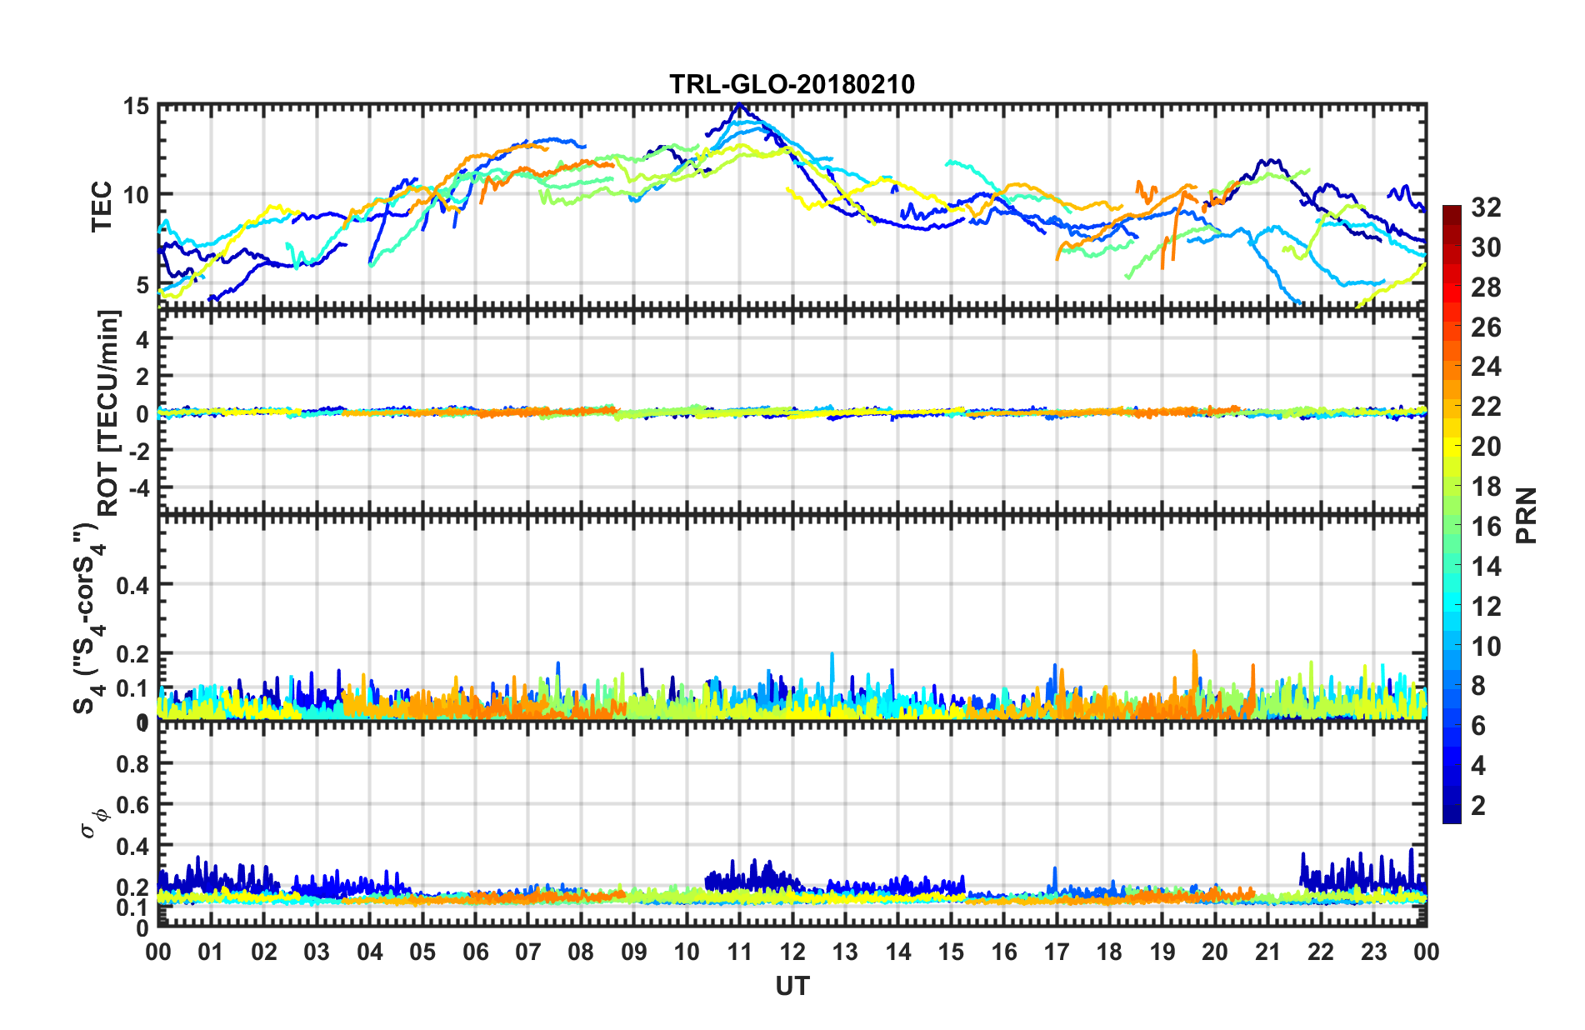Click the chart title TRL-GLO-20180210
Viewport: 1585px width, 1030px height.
(792, 84)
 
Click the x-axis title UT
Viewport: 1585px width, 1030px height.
(792, 987)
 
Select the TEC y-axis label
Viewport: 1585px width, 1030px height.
(101, 206)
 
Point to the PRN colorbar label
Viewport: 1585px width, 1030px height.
(1527, 515)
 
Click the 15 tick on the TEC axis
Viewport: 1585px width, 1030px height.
(137, 107)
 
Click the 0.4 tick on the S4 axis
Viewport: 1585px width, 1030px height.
(132, 585)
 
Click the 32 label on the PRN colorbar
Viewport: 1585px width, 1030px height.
(1486, 207)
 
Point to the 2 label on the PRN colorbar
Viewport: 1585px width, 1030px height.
(1479, 805)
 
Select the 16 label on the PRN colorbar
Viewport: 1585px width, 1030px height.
(1486, 527)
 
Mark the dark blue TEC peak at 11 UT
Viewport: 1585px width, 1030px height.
(739, 106)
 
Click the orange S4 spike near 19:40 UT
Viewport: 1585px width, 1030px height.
(1194, 652)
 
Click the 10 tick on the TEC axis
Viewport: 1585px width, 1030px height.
(137, 195)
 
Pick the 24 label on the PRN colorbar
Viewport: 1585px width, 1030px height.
(1486, 367)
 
